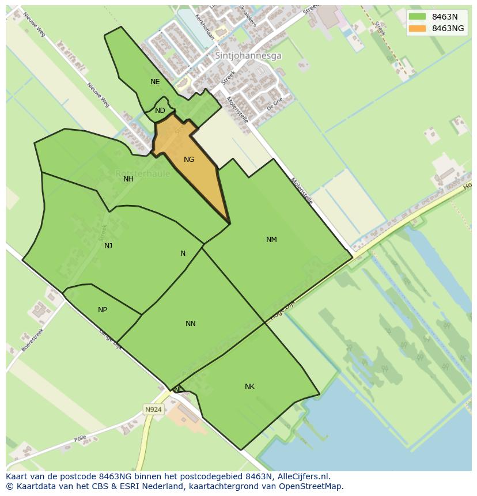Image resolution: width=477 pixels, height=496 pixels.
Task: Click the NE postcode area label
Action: click(x=155, y=82)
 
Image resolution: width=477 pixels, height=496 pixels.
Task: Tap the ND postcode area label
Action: click(x=160, y=111)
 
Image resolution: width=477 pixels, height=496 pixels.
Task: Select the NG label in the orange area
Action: click(x=189, y=160)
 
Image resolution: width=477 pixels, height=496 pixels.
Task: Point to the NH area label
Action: click(x=128, y=179)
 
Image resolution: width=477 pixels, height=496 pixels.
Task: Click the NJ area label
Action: click(x=108, y=246)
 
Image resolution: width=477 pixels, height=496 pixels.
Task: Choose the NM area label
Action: click(x=271, y=240)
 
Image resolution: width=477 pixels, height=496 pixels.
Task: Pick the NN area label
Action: click(x=191, y=324)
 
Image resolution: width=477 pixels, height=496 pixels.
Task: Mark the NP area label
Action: click(x=103, y=310)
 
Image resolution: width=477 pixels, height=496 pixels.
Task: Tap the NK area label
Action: click(x=249, y=387)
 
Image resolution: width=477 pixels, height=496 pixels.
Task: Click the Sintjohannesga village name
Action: click(x=248, y=56)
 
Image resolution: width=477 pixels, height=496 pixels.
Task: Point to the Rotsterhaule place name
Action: click(x=142, y=173)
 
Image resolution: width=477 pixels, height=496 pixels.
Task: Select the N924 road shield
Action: click(x=153, y=410)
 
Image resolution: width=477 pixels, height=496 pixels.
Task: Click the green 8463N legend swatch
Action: click(x=418, y=17)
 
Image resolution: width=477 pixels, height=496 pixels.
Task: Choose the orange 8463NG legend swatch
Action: click(x=418, y=28)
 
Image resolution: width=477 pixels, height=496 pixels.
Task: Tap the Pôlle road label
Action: click(x=81, y=438)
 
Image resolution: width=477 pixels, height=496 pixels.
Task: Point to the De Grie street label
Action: click(x=275, y=104)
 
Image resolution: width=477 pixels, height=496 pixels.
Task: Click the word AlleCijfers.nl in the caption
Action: click(x=304, y=476)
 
